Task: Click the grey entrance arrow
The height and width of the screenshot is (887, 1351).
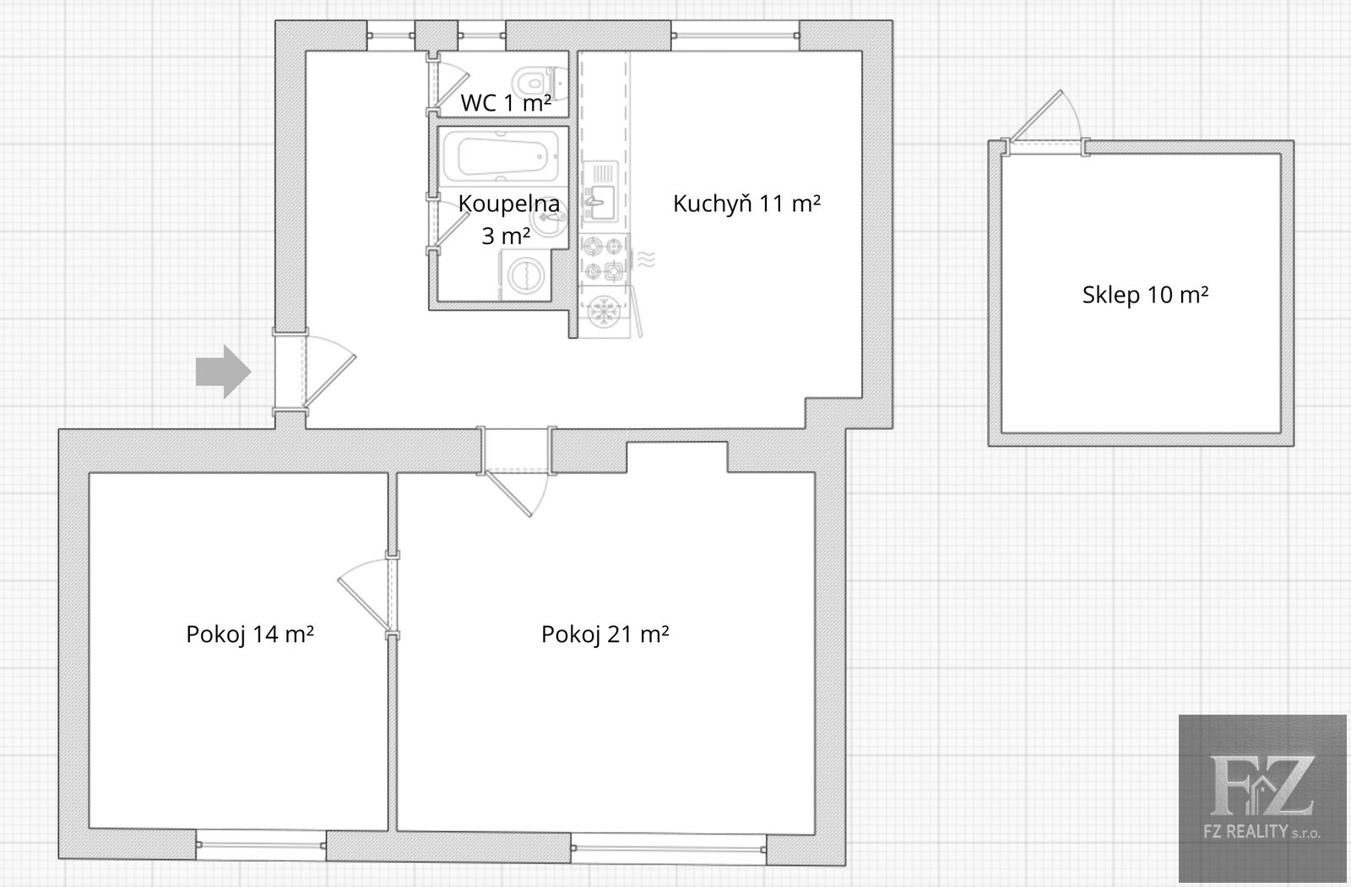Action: point(223,372)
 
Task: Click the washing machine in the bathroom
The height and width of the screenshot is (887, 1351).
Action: point(525,275)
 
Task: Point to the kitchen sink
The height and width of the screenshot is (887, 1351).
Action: point(600,191)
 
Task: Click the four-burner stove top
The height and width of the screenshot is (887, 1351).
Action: point(603,258)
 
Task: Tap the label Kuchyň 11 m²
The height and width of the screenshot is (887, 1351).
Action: point(746,204)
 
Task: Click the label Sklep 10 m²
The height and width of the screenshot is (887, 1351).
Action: point(1145,295)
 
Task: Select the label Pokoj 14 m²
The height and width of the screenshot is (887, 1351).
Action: point(250,634)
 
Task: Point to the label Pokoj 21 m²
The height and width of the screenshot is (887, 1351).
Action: point(605,634)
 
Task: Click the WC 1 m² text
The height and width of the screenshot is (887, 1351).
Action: point(506,103)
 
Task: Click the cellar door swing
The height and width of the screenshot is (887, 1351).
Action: point(1044,117)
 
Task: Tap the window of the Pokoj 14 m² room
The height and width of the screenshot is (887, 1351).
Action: point(261,845)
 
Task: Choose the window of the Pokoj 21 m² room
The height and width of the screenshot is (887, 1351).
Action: point(668,848)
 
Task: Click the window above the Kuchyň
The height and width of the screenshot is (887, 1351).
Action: point(735,35)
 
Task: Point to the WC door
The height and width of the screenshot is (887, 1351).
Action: point(448,84)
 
